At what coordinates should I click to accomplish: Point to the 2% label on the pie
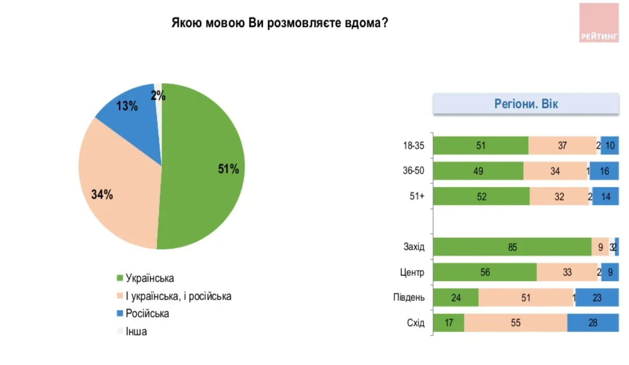pyautogui.click(x=158, y=96)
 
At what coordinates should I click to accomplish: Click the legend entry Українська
pyautogui.click(x=150, y=279)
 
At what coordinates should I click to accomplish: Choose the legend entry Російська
pyautogui.click(x=147, y=314)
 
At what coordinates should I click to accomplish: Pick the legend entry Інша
pyautogui.click(x=136, y=331)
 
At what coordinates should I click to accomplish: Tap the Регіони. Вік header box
pyautogui.click(x=526, y=104)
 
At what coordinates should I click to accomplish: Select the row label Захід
pyautogui.click(x=414, y=247)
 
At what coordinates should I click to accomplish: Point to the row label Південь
pyautogui.click(x=409, y=298)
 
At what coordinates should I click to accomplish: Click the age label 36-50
pyautogui.click(x=413, y=171)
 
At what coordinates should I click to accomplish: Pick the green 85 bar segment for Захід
pyautogui.click(x=512, y=247)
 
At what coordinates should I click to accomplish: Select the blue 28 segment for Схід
pyautogui.click(x=593, y=322)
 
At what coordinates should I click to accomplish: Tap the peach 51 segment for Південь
pyautogui.click(x=526, y=297)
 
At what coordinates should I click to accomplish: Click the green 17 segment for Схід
pyautogui.click(x=448, y=322)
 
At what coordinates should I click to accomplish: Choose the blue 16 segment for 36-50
pyautogui.click(x=604, y=171)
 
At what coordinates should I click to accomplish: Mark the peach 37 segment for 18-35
pyautogui.click(x=562, y=146)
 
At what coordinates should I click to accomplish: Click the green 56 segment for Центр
pyautogui.click(x=485, y=272)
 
